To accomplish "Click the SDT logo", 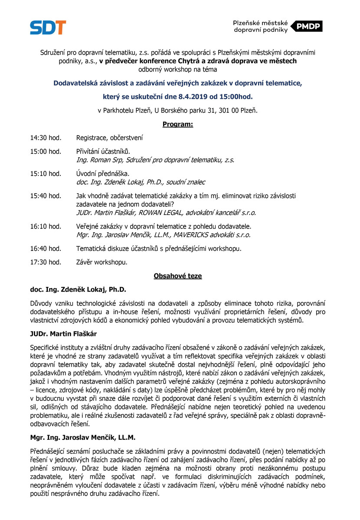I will pos(48,27).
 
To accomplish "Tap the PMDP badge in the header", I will pos(306,26).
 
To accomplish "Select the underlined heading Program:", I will pos(178,124).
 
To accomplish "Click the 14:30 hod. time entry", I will pos(46,138).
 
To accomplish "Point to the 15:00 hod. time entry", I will pos(46,152).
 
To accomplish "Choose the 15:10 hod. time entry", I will pos(46,174).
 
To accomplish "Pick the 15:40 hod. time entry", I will pos(46,196).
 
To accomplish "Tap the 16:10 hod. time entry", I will pos(46,227).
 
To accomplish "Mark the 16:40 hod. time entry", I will pos(46,249).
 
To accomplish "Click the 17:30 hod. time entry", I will pos(46,262).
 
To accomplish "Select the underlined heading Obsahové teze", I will pos(178,276).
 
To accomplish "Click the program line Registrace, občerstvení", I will pos(109,138).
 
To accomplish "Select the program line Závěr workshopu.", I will pos(102,262).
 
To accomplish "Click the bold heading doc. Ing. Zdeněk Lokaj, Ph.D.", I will pos(78,289).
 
